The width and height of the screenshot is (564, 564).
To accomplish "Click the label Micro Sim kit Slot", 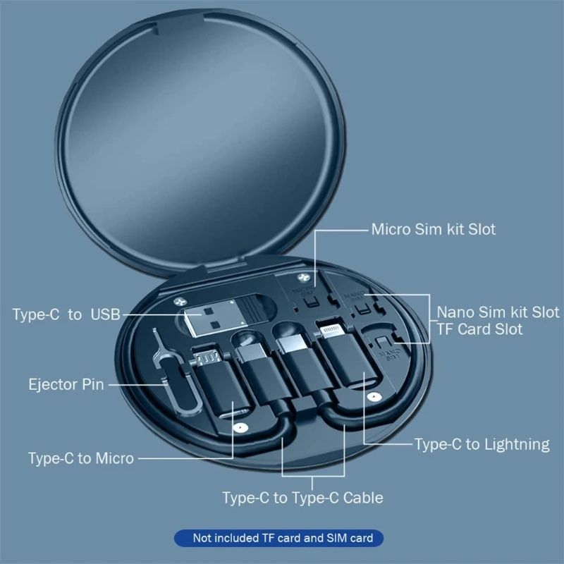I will [x=433, y=229].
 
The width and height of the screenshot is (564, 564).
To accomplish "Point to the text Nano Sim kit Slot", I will [x=498, y=312].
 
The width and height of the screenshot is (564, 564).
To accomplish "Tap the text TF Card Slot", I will [x=479, y=329].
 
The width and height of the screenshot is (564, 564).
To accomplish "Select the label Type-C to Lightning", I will [x=482, y=444].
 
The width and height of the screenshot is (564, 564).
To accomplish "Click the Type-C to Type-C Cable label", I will [x=302, y=498].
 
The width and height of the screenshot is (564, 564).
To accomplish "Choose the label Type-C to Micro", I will [x=80, y=458].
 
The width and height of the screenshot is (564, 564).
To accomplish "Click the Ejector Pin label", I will [x=66, y=385].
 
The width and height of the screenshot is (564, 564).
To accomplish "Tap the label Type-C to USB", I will [x=66, y=314].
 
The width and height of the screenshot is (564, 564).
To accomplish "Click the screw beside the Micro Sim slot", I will [x=305, y=279].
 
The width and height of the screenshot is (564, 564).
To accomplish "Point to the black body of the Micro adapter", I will [x=221, y=398].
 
